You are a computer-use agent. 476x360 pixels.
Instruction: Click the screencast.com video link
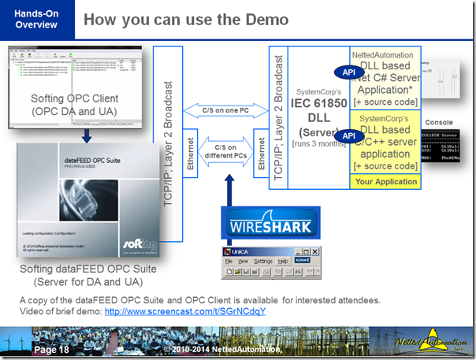[x=184, y=311]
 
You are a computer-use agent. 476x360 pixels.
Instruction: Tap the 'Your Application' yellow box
[x=385, y=182]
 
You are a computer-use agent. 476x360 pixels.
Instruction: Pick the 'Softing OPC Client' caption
[x=74, y=105]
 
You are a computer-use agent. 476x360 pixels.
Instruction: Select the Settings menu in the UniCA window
[x=262, y=260]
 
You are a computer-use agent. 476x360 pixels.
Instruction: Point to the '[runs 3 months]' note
[x=318, y=145]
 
